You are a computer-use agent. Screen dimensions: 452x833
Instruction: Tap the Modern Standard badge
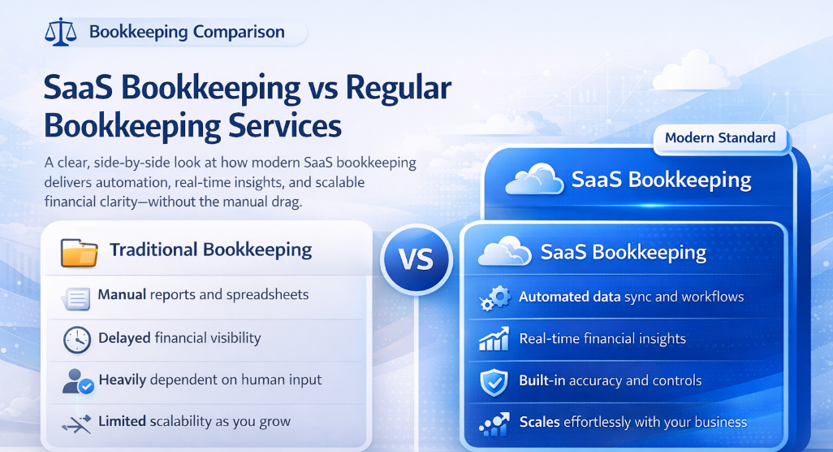coord(719,137)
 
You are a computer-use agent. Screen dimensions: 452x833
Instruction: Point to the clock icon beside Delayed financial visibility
coord(77,340)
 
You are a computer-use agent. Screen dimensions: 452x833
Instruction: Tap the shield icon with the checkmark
coord(494,382)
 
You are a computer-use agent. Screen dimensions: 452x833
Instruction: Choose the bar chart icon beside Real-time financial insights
coord(494,340)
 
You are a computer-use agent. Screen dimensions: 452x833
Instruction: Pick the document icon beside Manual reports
coord(77,298)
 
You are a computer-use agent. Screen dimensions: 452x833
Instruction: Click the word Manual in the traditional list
coord(122,294)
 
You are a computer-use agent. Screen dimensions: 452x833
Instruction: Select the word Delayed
coord(125,337)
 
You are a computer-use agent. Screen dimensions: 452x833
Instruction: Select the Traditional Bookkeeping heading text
coord(210,250)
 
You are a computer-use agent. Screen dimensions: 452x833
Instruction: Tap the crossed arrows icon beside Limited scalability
coord(77,423)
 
